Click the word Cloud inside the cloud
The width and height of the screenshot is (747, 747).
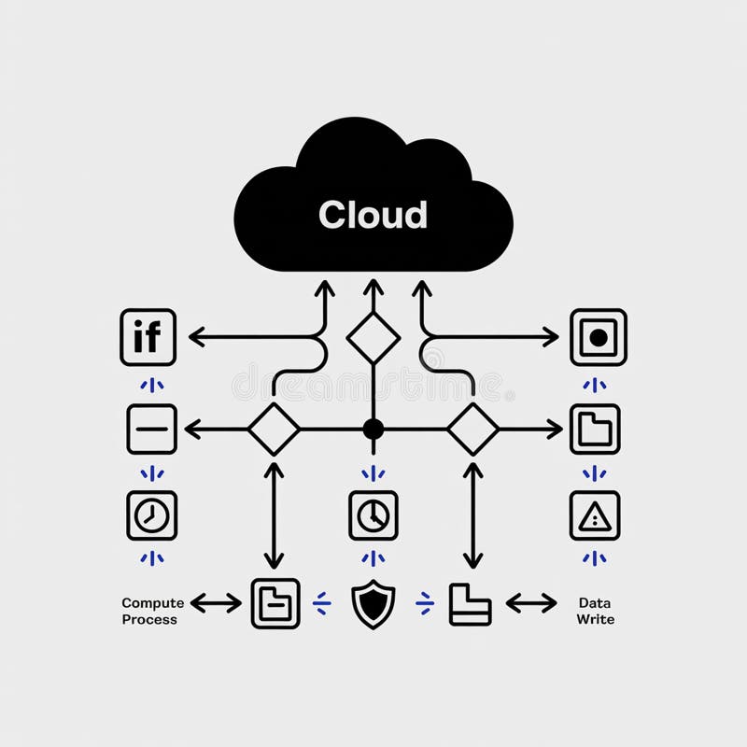click(x=373, y=215)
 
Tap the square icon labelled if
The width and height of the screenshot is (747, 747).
click(x=148, y=336)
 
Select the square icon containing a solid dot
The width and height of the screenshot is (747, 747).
click(x=599, y=336)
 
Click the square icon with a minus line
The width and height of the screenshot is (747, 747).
click(x=151, y=430)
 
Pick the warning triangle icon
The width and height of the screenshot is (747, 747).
click(x=595, y=515)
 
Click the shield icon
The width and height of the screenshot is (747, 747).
click(x=373, y=603)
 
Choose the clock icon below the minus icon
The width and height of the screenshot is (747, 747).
click(x=151, y=515)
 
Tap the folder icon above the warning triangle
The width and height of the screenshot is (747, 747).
click(x=595, y=430)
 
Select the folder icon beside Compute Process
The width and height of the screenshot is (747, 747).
click(x=275, y=603)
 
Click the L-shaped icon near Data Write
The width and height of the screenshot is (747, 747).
click(x=470, y=603)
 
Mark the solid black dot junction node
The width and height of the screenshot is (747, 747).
click(x=373, y=430)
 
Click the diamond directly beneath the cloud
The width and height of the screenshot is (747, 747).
click(x=373, y=337)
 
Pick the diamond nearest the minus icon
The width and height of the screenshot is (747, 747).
click(x=274, y=430)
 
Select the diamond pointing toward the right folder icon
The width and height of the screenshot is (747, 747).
click(x=473, y=430)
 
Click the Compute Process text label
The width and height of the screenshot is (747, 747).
click(x=153, y=611)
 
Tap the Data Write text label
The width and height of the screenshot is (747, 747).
click(x=595, y=611)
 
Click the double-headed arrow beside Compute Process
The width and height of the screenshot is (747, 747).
click(x=216, y=603)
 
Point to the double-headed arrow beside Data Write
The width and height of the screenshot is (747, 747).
click(x=531, y=603)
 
